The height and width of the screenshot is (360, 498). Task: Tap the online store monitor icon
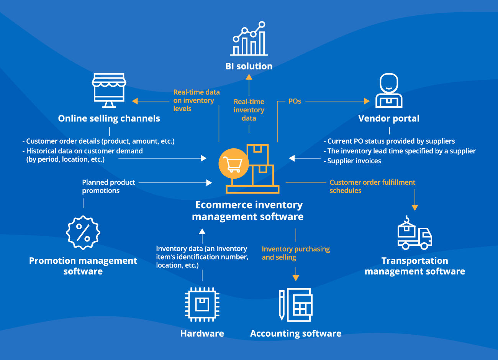(109, 90)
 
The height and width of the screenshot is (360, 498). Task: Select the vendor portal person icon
(388, 90)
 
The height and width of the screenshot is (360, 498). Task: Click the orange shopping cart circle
(234, 164)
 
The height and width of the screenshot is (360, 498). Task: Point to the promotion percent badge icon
(83, 232)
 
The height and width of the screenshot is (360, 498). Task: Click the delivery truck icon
(414, 234)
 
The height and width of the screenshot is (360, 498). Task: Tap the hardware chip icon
(202, 304)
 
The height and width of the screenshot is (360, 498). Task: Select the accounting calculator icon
(295, 305)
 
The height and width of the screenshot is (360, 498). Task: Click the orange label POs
(295, 101)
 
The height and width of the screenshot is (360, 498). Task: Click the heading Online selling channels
(109, 118)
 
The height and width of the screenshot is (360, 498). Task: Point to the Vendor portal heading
(388, 118)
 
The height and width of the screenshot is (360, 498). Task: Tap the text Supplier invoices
(354, 161)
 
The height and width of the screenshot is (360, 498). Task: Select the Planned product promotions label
(108, 186)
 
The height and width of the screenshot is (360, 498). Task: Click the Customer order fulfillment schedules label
(372, 186)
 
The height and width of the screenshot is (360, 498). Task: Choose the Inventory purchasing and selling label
(295, 253)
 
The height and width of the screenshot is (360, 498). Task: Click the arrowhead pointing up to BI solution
(249, 77)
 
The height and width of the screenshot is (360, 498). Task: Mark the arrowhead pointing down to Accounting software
(295, 278)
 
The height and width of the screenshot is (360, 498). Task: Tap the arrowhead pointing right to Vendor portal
(367, 101)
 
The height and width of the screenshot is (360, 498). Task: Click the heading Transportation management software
(414, 266)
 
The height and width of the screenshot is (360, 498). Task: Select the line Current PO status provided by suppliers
(391, 141)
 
